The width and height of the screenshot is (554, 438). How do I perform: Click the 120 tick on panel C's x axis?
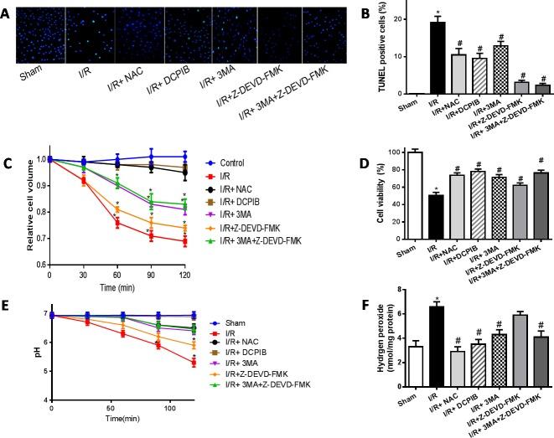pyautogui.click(x=184, y=275)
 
